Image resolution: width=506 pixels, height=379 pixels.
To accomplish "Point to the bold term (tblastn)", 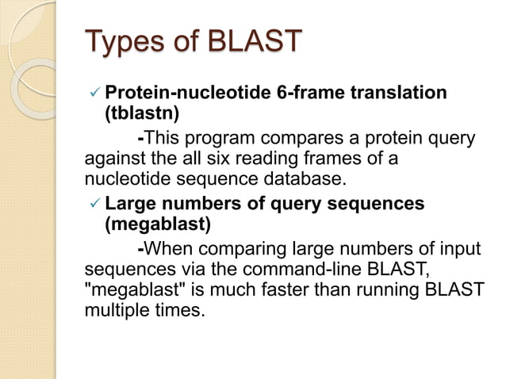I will tap(142, 113).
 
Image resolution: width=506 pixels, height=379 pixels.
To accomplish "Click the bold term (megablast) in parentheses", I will tap(158, 224).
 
